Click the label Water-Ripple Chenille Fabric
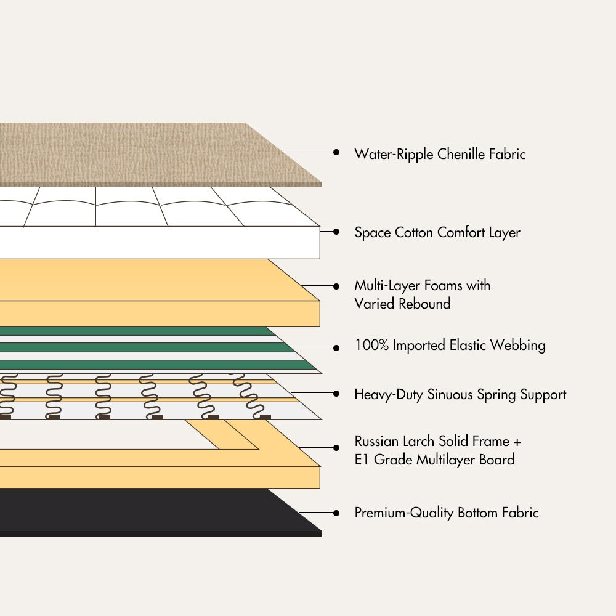point(440,154)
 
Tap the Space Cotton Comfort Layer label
point(437,233)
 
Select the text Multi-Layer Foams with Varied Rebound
point(422,294)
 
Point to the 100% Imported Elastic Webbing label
point(450,345)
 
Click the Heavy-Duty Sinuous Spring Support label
point(460,394)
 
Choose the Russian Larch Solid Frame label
point(437,442)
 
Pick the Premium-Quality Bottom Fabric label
point(446,513)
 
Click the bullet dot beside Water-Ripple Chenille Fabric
point(336,152)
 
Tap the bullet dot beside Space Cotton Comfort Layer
point(336,232)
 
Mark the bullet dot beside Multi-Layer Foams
point(336,286)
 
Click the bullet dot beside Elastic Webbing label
point(336,347)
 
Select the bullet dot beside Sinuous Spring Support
point(336,392)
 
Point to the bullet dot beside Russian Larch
point(336,447)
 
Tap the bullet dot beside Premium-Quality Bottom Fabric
point(336,513)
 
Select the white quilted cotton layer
point(154,222)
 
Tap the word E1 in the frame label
point(363,460)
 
